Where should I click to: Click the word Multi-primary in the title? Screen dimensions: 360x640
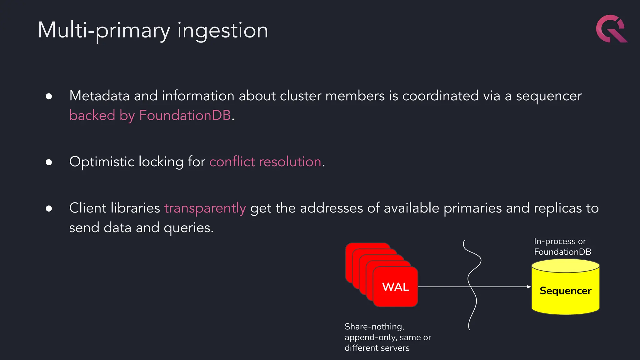(x=104, y=31)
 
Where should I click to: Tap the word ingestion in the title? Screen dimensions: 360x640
(x=222, y=31)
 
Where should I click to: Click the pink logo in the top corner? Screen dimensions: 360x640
(x=611, y=29)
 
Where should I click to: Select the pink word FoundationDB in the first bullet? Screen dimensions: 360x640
(x=185, y=115)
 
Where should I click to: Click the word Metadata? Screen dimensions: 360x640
(x=99, y=96)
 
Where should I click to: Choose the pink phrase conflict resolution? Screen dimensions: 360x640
(x=265, y=162)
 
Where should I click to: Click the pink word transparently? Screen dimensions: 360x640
(x=205, y=208)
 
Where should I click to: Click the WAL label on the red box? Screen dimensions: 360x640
(x=395, y=287)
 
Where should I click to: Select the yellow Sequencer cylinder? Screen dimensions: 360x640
(x=565, y=291)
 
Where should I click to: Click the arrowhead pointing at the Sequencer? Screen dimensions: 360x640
(x=529, y=287)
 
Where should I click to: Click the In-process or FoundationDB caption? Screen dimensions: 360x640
(x=562, y=247)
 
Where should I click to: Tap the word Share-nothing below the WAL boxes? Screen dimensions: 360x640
(x=374, y=327)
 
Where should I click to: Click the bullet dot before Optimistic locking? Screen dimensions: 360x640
(x=49, y=162)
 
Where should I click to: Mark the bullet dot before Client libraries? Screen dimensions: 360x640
(x=49, y=208)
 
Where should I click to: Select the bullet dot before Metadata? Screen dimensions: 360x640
(x=49, y=96)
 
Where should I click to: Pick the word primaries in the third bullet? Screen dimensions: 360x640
(x=472, y=208)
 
